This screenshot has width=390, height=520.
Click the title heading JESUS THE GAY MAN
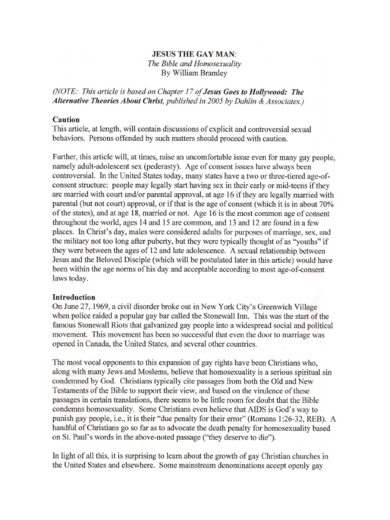coord(186,54)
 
